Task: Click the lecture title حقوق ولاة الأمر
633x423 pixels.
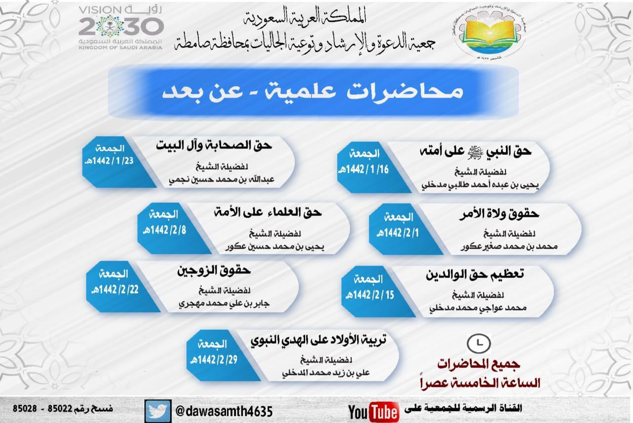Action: click(507, 214)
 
